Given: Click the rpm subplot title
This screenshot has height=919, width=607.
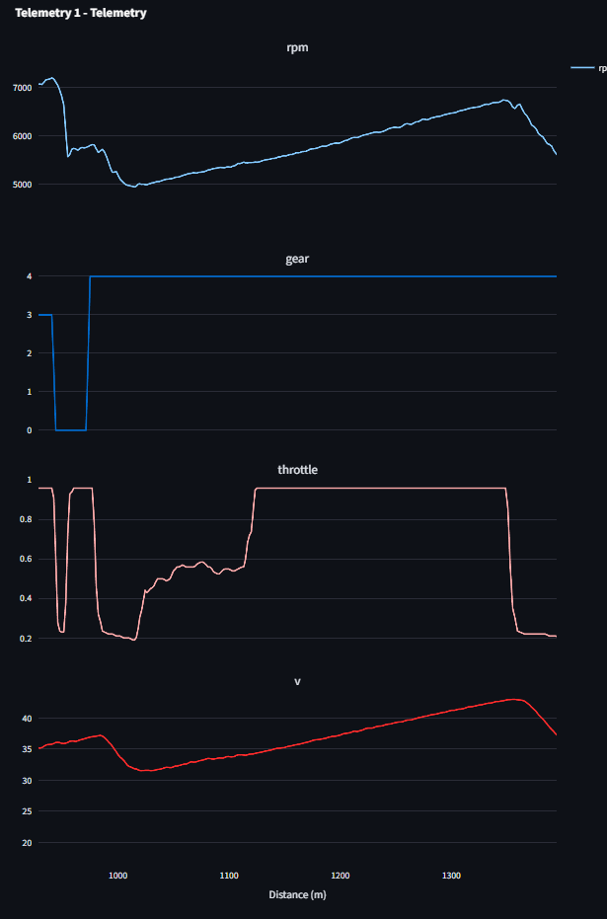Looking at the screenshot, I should tap(297, 47).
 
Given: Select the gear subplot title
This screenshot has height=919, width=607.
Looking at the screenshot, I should tap(297, 260).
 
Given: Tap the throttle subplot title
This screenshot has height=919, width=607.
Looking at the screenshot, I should tap(297, 470).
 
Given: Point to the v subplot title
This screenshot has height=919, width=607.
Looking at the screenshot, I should tap(297, 681).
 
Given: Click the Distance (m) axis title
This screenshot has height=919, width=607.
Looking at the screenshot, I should tap(297, 895).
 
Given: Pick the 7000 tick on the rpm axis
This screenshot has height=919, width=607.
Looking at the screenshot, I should tap(22, 87).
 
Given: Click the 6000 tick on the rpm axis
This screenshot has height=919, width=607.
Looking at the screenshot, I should tap(22, 136).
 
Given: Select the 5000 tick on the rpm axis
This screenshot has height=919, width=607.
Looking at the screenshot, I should tap(22, 185).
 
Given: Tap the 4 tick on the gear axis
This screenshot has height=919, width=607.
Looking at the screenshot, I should tap(29, 276).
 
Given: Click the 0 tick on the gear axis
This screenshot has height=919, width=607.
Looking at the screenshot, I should tap(29, 430).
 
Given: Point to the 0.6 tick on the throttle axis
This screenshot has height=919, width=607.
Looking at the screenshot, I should tap(26, 559).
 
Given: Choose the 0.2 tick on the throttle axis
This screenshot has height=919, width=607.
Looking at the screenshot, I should tap(26, 639).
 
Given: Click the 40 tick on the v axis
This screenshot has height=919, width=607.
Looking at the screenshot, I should tap(27, 719).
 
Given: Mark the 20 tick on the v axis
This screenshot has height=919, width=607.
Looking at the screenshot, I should tap(27, 843).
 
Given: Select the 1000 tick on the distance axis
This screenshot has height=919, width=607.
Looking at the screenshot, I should tap(118, 876).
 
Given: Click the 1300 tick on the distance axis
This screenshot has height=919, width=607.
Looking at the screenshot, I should tap(452, 876).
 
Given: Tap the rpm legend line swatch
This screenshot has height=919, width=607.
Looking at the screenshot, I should tap(582, 68).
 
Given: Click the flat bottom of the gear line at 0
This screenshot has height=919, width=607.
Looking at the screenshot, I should tap(70, 430).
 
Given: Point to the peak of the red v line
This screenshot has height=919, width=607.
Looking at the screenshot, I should tap(512, 699).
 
